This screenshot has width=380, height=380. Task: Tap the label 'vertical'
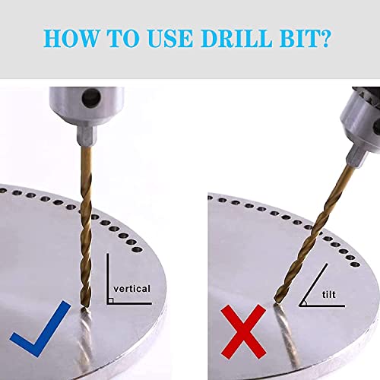(x=134, y=289)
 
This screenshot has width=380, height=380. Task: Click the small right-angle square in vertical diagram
(x=111, y=301)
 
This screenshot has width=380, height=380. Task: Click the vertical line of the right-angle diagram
(x=107, y=277)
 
